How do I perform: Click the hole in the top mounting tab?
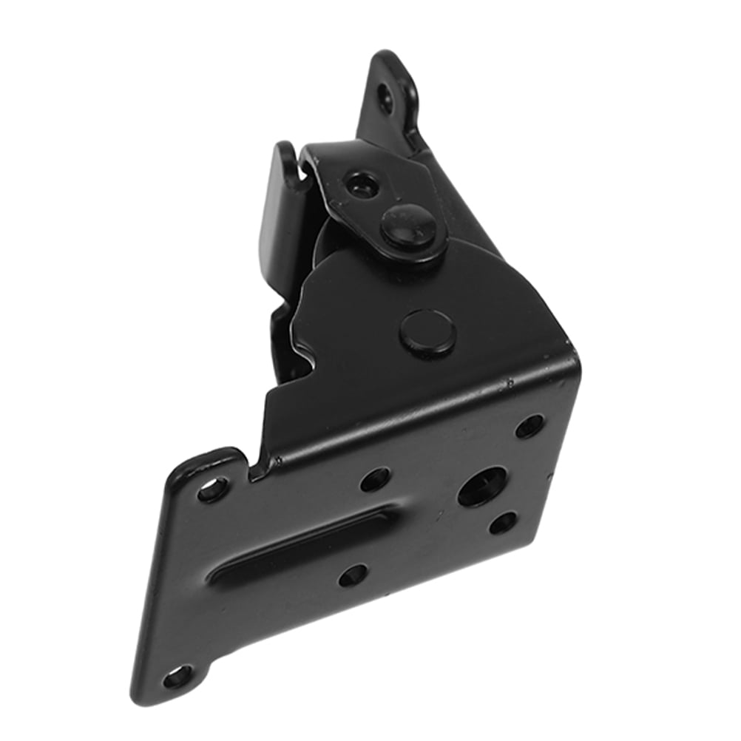[x=385, y=96]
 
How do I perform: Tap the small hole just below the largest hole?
[x=502, y=524]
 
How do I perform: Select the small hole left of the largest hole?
[x=374, y=479]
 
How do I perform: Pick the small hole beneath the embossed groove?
[x=352, y=574]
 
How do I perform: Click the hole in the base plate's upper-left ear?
[x=213, y=489]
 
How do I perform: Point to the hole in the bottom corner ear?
[x=175, y=677]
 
